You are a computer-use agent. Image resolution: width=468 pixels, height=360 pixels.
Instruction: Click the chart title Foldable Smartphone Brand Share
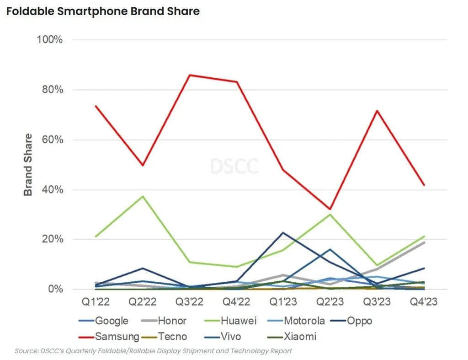pyautogui.click(x=103, y=11)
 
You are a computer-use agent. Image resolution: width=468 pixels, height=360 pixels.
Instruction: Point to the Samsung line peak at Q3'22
pyautogui.click(x=190, y=75)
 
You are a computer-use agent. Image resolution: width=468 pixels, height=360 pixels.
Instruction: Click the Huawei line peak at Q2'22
pyautogui.click(x=143, y=196)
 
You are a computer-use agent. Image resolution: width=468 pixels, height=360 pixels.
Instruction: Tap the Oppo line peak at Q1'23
pyautogui.click(x=283, y=232)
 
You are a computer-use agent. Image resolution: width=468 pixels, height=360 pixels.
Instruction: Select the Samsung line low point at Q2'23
pyautogui.click(x=330, y=209)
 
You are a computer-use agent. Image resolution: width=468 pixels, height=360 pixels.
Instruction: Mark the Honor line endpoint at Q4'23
pyautogui.click(x=424, y=242)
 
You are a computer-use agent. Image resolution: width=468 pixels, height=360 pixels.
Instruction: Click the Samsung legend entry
pyautogui.click(x=117, y=337)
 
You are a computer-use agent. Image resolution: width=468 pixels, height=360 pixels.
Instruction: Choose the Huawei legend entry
pyautogui.click(x=238, y=321)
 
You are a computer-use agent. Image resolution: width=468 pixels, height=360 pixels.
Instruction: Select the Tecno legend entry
pyautogui.click(x=172, y=337)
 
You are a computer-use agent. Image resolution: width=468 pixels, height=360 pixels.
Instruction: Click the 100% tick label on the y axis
pyautogui.click(x=49, y=40)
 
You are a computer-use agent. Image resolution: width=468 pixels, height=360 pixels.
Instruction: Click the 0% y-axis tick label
pyautogui.click(x=54, y=290)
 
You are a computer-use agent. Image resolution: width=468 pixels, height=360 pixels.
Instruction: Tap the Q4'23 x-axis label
pyautogui.click(x=424, y=302)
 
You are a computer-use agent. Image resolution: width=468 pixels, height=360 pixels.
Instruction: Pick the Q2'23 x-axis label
pyautogui.click(x=330, y=302)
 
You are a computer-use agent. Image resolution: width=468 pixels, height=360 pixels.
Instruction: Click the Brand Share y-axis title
pyautogui.click(x=28, y=165)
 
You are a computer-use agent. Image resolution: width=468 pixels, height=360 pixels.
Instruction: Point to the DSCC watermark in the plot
pyautogui.click(x=234, y=166)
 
